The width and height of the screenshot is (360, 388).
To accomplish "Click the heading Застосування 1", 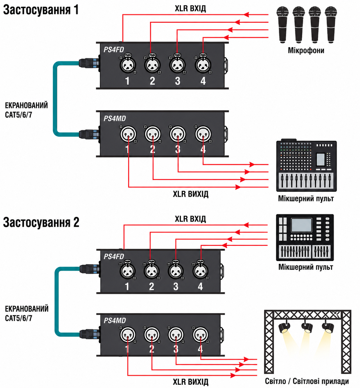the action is coord(41,10).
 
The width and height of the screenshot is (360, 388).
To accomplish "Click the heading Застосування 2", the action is coord(41,222).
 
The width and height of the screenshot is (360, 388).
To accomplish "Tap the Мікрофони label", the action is coord(306,50).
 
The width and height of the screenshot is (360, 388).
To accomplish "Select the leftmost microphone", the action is coord(283,24).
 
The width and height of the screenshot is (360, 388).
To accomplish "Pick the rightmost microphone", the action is coord(331,24).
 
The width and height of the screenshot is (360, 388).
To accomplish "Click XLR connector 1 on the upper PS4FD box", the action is coord(128,65).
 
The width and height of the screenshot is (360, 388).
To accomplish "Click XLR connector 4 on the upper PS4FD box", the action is coord(203,65).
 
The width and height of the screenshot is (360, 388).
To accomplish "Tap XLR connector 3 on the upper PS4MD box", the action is coord(178,134).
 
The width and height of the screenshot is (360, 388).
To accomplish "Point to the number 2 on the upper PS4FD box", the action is coord(153,81).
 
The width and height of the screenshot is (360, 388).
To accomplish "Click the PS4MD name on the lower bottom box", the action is coord(115,320).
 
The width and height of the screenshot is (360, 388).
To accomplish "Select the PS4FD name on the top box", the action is coord(114,50).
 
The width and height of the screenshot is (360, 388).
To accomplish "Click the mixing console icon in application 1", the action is coord(306,165).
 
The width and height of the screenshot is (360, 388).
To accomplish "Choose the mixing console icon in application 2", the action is coord(305,238).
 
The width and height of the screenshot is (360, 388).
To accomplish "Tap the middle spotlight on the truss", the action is coord(307,327).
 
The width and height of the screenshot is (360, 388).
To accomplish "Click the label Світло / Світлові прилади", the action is coord(307,381).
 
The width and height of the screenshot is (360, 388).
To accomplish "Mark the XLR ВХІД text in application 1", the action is coord(190,9).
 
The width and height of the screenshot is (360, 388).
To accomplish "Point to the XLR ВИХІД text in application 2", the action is coord(190,382).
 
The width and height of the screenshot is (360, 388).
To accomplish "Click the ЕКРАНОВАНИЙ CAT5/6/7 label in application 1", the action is coord(27,110).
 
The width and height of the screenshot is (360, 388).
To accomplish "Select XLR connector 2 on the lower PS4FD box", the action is coord(151,271).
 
